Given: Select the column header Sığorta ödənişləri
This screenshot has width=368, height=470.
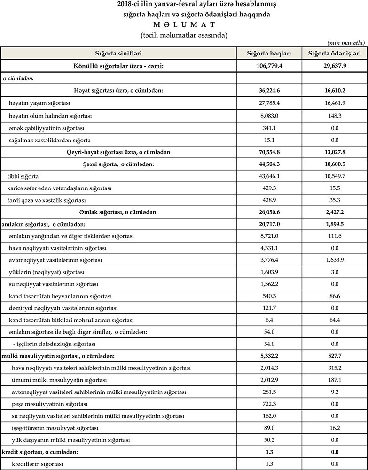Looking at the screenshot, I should click(334, 54).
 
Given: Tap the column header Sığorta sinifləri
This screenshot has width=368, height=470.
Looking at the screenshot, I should click(118, 54).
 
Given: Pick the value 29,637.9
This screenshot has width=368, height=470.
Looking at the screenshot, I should click(334, 66).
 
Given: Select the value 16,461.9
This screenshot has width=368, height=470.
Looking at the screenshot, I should click(334, 103).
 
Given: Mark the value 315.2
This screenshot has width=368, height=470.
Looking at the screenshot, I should click(334, 368).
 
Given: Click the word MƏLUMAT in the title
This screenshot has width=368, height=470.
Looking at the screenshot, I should click(184, 25).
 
